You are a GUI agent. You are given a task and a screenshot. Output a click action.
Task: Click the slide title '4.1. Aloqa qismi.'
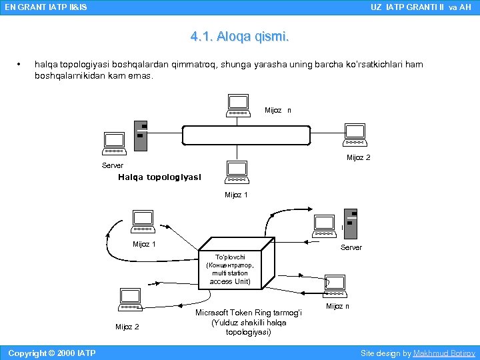[x=239, y=37]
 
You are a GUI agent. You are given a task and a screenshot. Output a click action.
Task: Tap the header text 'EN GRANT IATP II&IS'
[x=45, y=7]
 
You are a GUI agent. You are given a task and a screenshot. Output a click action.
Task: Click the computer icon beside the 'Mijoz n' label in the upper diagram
[x=238, y=105]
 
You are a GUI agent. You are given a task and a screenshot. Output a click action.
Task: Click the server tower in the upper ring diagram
[x=140, y=137]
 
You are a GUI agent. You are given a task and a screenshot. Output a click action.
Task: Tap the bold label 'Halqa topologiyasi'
[x=159, y=177]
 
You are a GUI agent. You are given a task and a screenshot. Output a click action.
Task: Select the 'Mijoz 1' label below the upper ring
[x=236, y=195]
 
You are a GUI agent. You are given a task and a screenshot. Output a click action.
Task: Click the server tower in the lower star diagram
[x=351, y=223]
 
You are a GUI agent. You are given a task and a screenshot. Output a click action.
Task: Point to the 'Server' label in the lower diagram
[x=351, y=247]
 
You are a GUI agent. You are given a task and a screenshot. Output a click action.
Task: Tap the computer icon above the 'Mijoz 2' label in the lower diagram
[x=129, y=299]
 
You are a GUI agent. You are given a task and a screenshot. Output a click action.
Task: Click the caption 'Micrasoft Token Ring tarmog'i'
[x=248, y=313]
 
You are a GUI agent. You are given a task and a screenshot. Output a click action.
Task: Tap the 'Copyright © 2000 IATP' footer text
[x=51, y=353]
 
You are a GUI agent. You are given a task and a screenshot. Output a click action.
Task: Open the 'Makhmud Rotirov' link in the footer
[x=444, y=353]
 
